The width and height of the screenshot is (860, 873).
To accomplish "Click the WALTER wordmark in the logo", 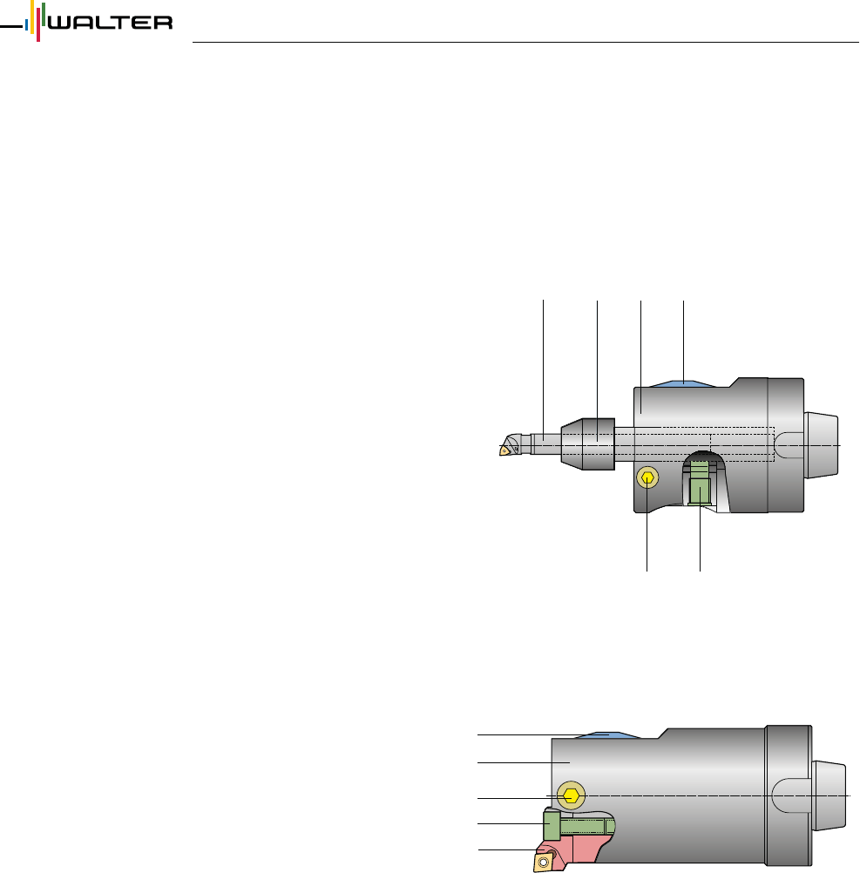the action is pos(111,23).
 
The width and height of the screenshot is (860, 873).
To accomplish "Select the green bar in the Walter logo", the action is pos(44,15).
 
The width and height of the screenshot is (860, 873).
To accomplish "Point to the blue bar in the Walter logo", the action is pos(26,25).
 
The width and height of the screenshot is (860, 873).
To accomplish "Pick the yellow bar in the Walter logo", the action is pos(32,17).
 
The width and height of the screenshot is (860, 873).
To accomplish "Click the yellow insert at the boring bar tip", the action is pos(504,450).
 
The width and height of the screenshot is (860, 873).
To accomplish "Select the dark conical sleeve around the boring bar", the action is pos(588,444).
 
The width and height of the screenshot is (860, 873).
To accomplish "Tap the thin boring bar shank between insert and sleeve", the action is pos(545,444).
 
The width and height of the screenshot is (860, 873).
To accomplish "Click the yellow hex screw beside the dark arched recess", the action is pos(647,477).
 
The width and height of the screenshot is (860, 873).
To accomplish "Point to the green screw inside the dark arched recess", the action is pos(700,487).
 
